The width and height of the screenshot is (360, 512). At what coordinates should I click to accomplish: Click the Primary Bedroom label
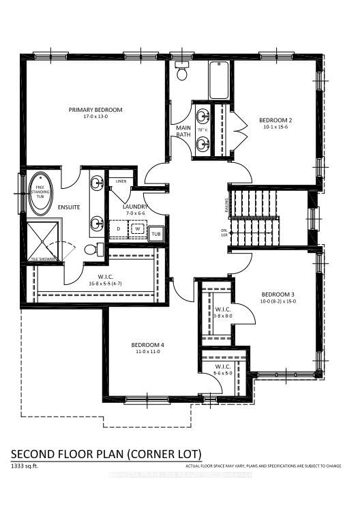[x=95, y=110]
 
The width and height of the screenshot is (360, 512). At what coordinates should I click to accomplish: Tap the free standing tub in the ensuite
[x=38, y=193]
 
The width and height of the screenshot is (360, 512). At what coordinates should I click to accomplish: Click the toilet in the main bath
[x=182, y=70]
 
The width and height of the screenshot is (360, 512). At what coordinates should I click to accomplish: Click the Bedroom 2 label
[x=275, y=121]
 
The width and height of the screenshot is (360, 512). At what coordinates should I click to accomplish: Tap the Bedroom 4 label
[x=148, y=345]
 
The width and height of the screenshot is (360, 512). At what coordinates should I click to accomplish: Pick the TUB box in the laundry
[x=155, y=234]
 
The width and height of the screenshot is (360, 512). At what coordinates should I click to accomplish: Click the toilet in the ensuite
[x=92, y=250]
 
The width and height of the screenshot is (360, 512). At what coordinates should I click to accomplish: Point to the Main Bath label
[x=183, y=131]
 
